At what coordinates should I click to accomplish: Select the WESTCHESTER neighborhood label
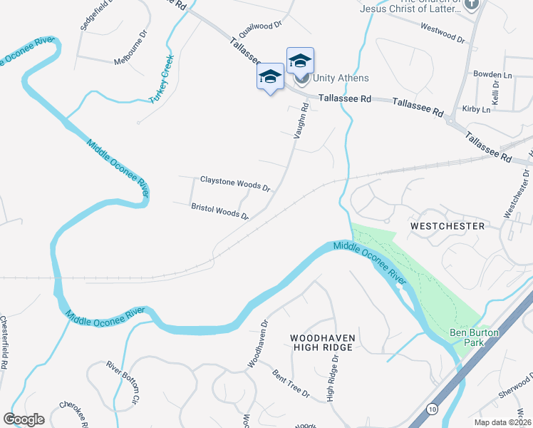click(447, 226)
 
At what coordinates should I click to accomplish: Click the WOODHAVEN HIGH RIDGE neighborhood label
click(322, 342)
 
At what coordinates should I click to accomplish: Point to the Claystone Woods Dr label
click(235, 183)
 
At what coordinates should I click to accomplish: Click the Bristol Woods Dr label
click(219, 211)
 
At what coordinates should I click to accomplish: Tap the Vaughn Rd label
click(301, 120)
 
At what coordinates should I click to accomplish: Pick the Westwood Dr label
click(443, 32)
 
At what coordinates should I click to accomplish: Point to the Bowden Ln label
click(492, 75)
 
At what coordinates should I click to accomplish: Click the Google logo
click(24, 419)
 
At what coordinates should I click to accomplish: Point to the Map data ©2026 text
click(503, 422)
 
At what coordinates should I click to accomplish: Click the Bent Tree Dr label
click(291, 384)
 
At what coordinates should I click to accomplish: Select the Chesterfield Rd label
click(4, 342)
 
